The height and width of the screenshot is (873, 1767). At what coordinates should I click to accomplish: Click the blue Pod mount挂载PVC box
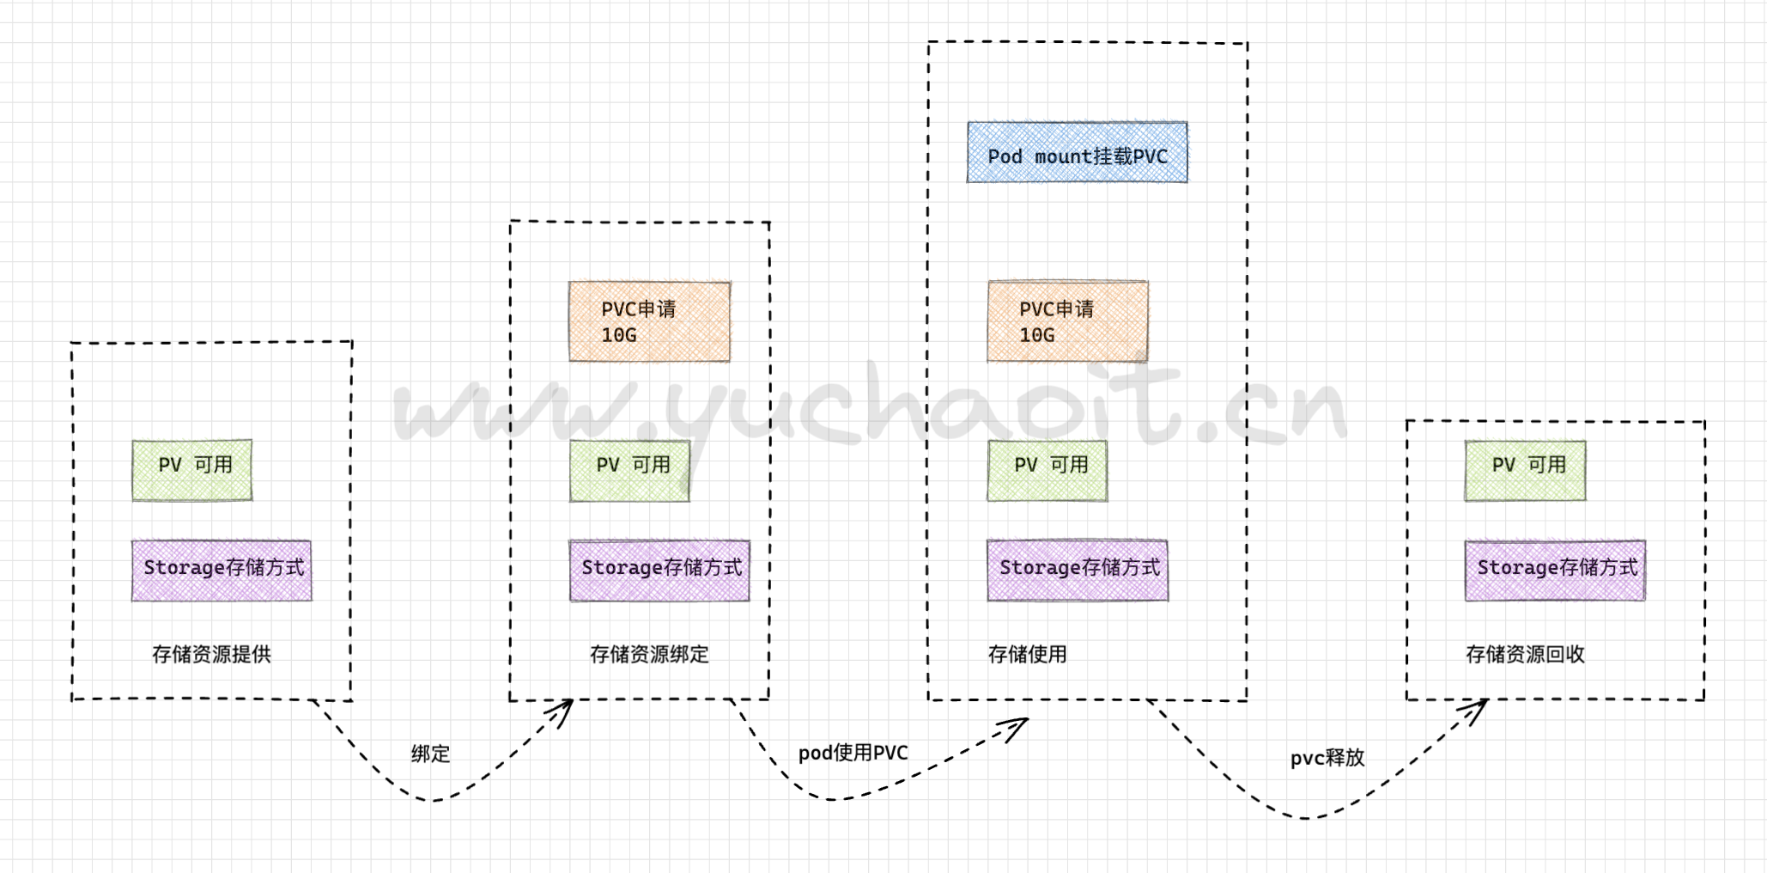[x=1077, y=153]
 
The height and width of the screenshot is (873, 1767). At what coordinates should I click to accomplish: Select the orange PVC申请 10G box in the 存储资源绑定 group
[x=649, y=322]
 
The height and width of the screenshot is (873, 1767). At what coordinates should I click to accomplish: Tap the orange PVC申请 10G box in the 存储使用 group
[x=1067, y=322]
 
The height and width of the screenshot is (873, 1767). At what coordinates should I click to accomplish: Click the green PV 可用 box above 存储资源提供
[x=192, y=470]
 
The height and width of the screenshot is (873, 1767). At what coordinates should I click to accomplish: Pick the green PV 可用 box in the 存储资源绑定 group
[x=629, y=471]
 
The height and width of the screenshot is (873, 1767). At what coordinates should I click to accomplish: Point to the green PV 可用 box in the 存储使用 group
[x=1047, y=471]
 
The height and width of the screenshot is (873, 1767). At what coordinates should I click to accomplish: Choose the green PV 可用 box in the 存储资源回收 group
[x=1525, y=471]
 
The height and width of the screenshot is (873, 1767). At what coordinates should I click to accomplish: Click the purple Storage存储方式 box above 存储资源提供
[x=222, y=571]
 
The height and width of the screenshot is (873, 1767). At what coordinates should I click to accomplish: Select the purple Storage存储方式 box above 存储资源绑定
[x=659, y=571]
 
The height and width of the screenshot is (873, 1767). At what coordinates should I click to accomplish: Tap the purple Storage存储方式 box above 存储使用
[x=1078, y=571]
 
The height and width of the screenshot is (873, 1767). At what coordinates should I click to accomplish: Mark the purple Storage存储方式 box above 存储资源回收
[x=1555, y=571]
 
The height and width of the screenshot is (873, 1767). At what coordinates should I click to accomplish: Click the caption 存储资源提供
[x=211, y=655]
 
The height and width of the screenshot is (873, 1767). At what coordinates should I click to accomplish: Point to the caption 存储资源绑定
[x=649, y=655]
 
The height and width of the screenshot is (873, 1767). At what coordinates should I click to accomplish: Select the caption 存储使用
[x=1027, y=655]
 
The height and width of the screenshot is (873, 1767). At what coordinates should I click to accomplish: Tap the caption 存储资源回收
[x=1525, y=655]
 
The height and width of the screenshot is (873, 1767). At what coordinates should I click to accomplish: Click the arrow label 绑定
[x=430, y=754]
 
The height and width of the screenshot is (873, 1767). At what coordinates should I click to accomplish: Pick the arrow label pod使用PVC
[x=853, y=754]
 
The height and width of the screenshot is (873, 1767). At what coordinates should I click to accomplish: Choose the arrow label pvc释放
[x=1327, y=758]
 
